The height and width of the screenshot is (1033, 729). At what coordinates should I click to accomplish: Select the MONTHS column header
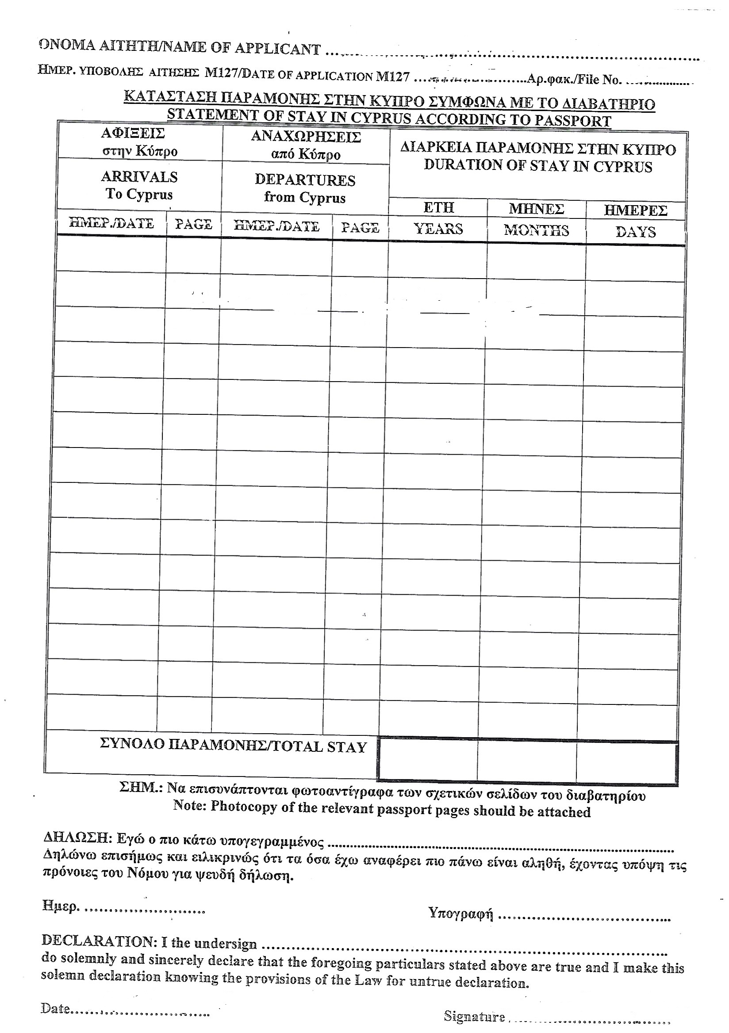click(x=537, y=230)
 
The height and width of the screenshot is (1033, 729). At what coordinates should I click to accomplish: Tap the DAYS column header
click(x=635, y=232)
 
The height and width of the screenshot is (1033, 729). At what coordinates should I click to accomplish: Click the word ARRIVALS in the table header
click(x=139, y=177)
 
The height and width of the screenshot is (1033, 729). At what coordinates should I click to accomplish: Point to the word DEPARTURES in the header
click(x=305, y=180)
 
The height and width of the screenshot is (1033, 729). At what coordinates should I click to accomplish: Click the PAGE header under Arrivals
click(x=193, y=224)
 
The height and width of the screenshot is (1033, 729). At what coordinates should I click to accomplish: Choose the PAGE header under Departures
click(x=360, y=227)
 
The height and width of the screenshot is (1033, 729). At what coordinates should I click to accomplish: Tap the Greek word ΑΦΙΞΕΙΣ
click(x=133, y=133)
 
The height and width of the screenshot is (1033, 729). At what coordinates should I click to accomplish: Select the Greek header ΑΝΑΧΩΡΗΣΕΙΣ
click(x=306, y=136)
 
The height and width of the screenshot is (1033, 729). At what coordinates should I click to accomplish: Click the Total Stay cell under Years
click(x=427, y=761)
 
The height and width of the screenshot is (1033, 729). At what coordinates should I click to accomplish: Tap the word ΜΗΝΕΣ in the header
click(x=537, y=209)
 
